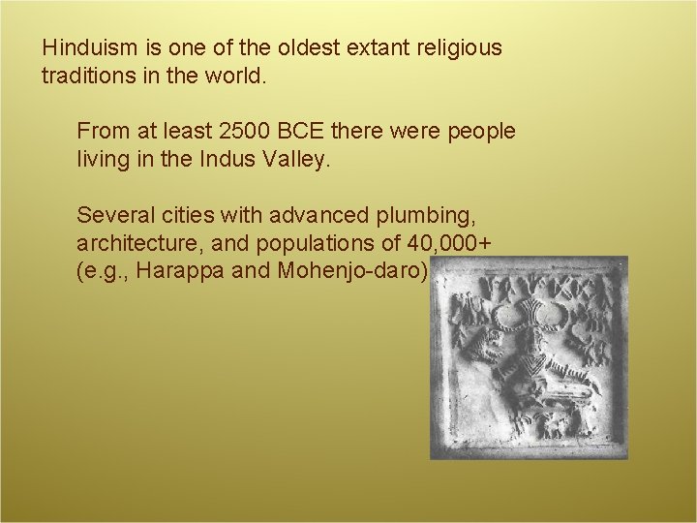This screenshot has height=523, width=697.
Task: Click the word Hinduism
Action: click(x=85, y=47)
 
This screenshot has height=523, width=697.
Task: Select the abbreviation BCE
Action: click(x=311, y=130)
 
